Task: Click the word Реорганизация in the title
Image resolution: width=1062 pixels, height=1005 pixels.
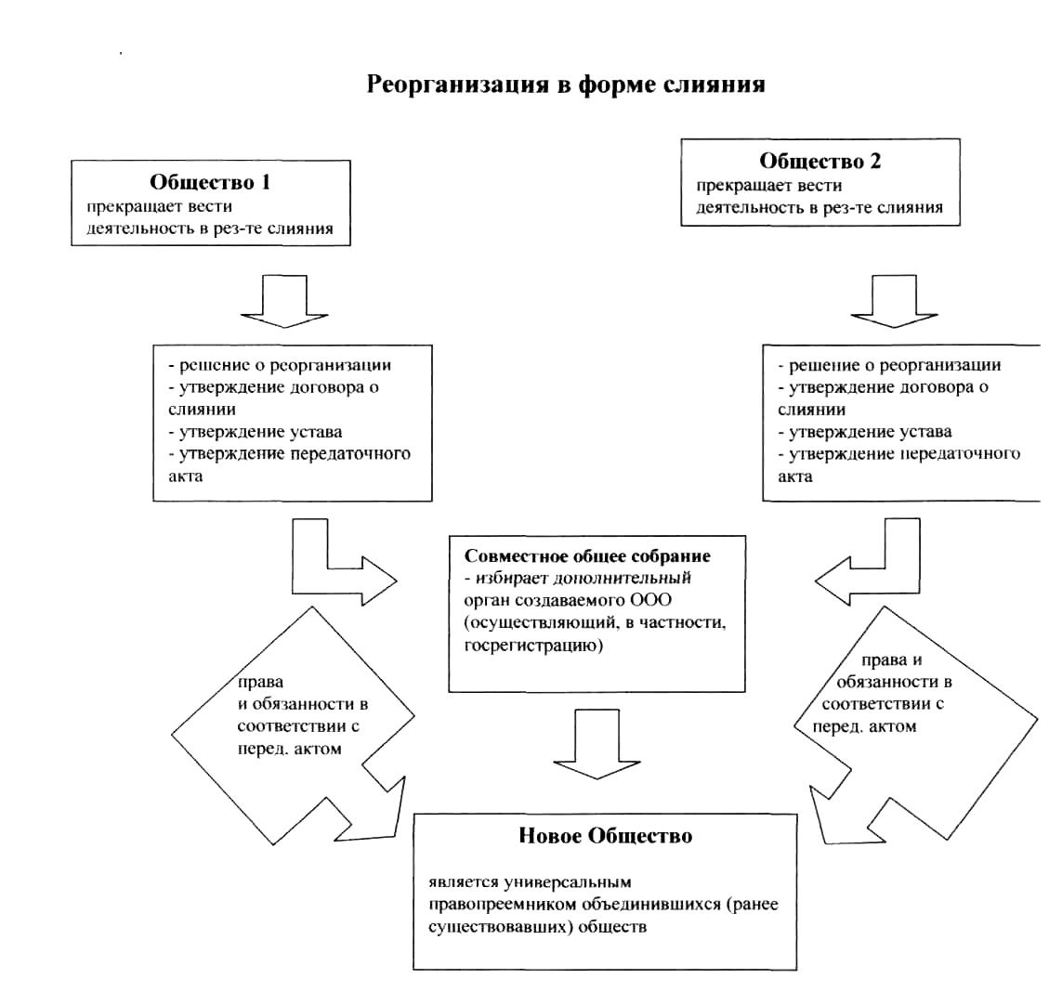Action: click(x=457, y=85)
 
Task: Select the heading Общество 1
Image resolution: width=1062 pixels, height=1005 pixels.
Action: click(x=210, y=182)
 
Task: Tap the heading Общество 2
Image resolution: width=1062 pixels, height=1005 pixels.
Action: click(x=820, y=161)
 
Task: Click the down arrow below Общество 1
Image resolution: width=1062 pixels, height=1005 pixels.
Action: click(x=284, y=301)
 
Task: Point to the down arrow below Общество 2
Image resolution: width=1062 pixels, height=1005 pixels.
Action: click(x=894, y=301)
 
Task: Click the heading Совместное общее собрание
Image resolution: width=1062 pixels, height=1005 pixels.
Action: click(x=587, y=556)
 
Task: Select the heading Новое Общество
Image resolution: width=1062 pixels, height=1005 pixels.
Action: click(x=606, y=836)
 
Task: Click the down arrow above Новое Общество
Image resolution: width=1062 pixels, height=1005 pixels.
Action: click(x=597, y=744)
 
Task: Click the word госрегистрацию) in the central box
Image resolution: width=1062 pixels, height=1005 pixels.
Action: click(x=533, y=646)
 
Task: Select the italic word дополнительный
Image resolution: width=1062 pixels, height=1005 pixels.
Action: click(x=623, y=579)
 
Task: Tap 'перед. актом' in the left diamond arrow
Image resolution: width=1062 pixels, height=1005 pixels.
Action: click(x=289, y=749)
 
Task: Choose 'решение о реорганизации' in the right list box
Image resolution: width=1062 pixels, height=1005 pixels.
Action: click(x=889, y=366)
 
